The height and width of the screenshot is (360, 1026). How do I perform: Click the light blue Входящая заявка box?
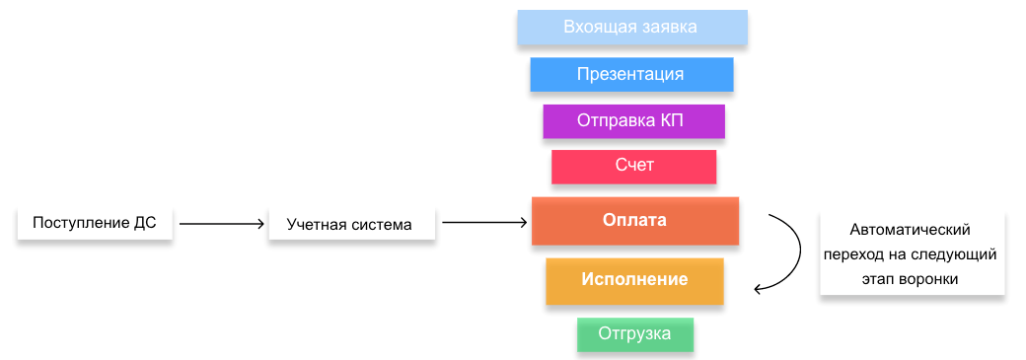pos(632,28)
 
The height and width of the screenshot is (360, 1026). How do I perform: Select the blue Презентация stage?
pos(631,75)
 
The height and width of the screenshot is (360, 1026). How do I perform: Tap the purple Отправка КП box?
pos(633,121)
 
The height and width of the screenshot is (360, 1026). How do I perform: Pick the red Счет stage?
pos(633,167)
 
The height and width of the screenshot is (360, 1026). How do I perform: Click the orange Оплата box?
pos(634,221)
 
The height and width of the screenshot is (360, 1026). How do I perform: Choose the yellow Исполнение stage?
pos(634,281)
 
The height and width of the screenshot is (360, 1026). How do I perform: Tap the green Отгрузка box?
pos(634,334)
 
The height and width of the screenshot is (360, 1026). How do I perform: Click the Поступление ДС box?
pos(95,224)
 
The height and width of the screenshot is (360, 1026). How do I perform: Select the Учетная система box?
pos(351,225)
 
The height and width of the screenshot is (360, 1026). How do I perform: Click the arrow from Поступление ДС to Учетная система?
pos(221,224)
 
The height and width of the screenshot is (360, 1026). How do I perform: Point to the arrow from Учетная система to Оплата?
pos(484,223)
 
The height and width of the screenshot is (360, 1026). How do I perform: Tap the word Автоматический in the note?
pos(910,231)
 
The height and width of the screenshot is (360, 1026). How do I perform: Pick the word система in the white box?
pos(383,225)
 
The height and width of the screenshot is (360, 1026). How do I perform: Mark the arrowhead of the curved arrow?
pos(759,289)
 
